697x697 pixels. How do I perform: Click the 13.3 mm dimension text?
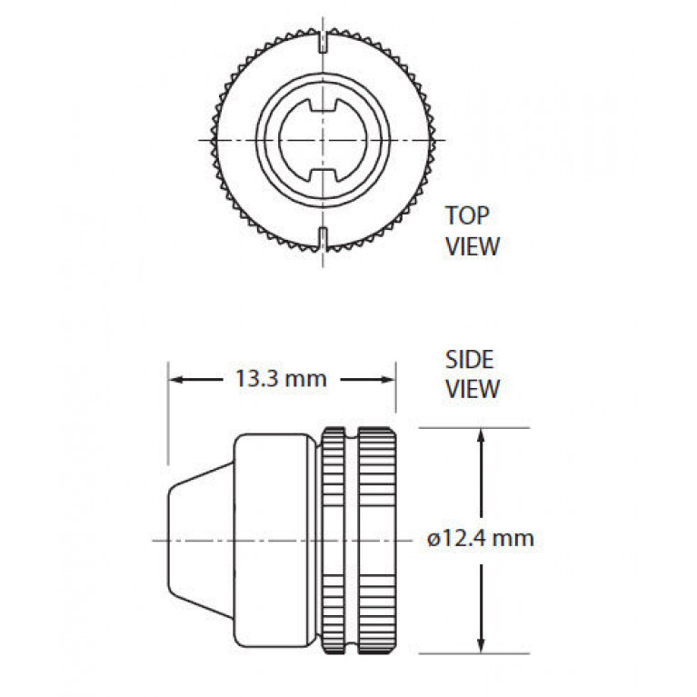click(281, 379)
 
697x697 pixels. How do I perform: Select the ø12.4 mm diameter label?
click(481, 538)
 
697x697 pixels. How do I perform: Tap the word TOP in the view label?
click(467, 215)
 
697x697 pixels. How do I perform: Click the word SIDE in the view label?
click(470, 360)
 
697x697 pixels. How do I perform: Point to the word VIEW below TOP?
click(473, 246)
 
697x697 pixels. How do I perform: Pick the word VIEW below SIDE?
click(473, 389)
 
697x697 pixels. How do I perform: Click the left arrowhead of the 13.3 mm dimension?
click(178, 380)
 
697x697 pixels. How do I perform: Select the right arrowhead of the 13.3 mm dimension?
click(385, 380)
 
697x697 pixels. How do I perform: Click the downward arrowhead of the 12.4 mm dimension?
click(480, 642)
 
